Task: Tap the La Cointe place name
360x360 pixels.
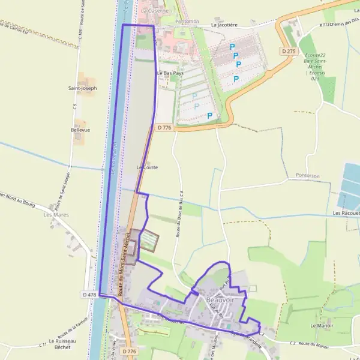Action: coord(147,167)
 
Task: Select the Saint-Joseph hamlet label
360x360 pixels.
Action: coord(82,88)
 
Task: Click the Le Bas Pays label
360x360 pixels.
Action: coord(170,73)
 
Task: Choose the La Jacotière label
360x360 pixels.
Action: coord(225,26)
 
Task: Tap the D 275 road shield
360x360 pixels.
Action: coord(289,52)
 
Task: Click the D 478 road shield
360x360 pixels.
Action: coord(89,295)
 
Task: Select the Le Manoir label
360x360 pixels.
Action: coord(321,325)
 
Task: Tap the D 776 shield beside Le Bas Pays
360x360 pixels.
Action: coord(165,127)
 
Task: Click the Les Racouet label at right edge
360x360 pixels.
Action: coord(346,213)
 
